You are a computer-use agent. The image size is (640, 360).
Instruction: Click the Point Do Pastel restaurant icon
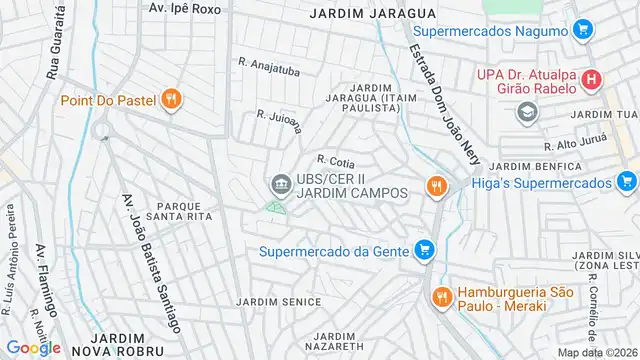[172, 99]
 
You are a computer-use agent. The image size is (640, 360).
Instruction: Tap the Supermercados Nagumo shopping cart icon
[582, 31]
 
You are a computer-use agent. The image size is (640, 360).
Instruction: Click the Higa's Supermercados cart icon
[626, 182]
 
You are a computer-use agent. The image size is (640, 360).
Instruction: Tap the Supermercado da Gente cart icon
[425, 250]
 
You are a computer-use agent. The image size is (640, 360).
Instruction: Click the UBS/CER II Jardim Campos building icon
[279, 184]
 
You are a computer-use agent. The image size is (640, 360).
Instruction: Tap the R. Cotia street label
[336, 160]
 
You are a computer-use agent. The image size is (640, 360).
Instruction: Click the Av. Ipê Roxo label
[184, 7]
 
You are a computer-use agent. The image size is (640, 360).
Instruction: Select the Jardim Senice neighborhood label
[279, 301]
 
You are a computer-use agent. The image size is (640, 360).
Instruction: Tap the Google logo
[33, 347]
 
